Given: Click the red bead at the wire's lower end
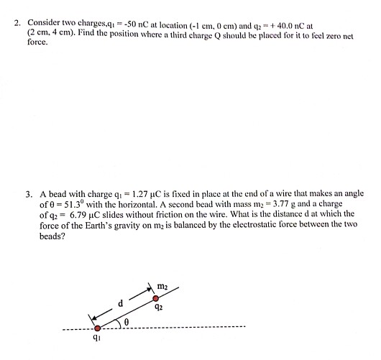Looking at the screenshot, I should coord(98,328).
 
